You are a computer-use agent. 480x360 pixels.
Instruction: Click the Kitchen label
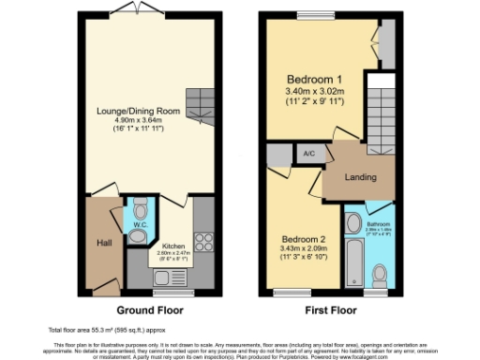click(174, 244)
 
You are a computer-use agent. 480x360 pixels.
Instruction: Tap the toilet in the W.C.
click(140, 207)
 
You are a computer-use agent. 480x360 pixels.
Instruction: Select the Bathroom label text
click(378, 225)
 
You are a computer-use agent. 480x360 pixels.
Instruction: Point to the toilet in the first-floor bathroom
click(380, 274)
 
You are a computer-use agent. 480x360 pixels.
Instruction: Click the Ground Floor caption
click(150, 309)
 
